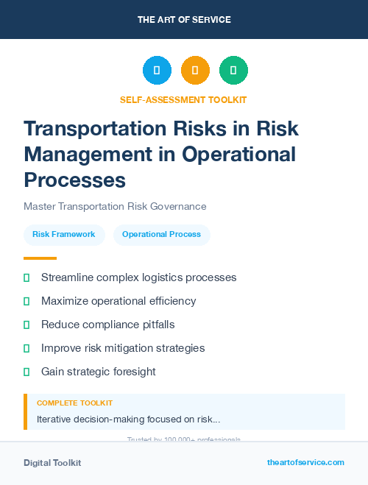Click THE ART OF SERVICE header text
point(184,20)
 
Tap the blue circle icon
point(157,70)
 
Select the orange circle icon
point(195,70)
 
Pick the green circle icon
point(233,70)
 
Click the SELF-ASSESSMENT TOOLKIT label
point(183,99)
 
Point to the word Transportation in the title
point(93,128)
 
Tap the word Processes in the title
point(74,180)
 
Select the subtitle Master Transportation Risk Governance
point(115,206)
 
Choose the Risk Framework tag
point(64,234)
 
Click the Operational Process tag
point(161,234)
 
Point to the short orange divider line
point(40,258)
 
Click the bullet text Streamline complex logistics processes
point(138,277)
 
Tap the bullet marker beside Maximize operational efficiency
point(26,301)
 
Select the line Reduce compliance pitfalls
point(107,325)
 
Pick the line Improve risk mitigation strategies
point(123,348)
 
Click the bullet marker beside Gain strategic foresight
point(26,372)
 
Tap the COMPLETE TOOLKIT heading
point(74,403)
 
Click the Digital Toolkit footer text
point(52,462)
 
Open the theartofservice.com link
point(305,462)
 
